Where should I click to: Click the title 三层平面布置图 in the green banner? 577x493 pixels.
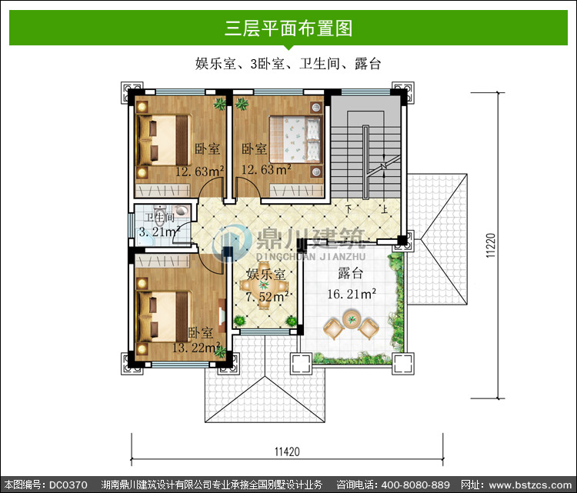[288, 28]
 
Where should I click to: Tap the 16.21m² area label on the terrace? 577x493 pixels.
[352, 294]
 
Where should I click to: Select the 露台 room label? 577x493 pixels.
[350, 273]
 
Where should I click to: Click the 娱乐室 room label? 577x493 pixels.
[265, 274]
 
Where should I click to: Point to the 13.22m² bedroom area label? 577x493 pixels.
[196, 348]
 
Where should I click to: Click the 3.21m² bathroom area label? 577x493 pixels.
[159, 232]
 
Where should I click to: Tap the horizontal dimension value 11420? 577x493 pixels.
[288, 451]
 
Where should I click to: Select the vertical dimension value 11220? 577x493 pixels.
[491, 245]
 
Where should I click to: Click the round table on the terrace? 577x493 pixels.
[352, 318]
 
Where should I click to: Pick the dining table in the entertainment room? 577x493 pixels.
[263, 285]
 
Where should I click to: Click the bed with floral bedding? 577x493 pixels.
[296, 139]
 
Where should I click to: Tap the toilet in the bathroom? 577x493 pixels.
[159, 218]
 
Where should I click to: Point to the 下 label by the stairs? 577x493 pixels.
[348, 209]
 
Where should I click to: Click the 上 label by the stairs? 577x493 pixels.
[384, 209]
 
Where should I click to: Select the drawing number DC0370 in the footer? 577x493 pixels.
[68, 485]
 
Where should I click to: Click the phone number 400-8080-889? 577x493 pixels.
[415, 485]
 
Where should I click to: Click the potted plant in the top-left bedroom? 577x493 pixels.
[220, 104]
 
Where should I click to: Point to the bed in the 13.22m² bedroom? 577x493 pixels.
[164, 316]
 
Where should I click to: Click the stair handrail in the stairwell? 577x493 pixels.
[365, 162]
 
